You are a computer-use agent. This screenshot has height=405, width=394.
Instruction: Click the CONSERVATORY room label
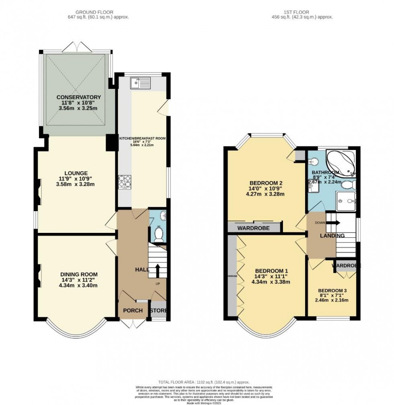tap(78, 97)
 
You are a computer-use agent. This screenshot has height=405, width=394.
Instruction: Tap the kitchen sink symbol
tap(140, 83)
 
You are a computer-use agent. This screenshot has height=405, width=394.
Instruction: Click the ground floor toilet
tap(159, 234)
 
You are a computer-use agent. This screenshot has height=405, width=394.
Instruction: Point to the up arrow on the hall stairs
tap(157, 269)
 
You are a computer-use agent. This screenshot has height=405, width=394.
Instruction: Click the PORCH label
tap(133, 310)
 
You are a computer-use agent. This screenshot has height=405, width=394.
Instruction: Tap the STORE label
tap(158, 310)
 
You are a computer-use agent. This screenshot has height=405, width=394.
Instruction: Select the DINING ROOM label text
tap(76, 274)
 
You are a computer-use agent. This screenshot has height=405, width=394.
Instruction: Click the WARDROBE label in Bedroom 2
tap(253, 228)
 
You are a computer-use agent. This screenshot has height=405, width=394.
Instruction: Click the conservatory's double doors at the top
tap(76, 47)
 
